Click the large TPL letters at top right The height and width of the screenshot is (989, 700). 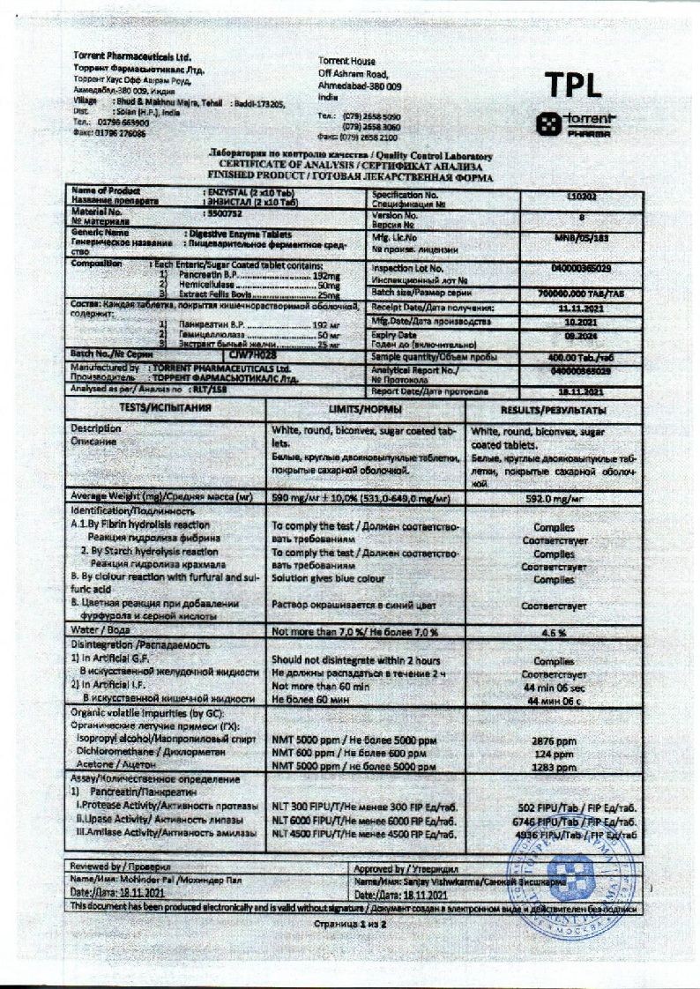click(x=573, y=84)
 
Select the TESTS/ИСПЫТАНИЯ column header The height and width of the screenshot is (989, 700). click(x=165, y=410)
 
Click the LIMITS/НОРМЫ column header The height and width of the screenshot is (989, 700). click(x=365, y=411)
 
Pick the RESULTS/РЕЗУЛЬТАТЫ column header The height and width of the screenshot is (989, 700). click(x=553, y=411)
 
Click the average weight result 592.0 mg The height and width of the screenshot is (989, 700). click(x=553, y=498)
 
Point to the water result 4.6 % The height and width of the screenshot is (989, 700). click(x=554, y=632)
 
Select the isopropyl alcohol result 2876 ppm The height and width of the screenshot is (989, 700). click(x=554, y=741)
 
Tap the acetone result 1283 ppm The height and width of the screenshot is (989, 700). click(x=554, y=767)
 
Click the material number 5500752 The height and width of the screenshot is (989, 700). click(x=223, y=212)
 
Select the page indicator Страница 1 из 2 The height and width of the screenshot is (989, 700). click(x=350, y=925)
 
